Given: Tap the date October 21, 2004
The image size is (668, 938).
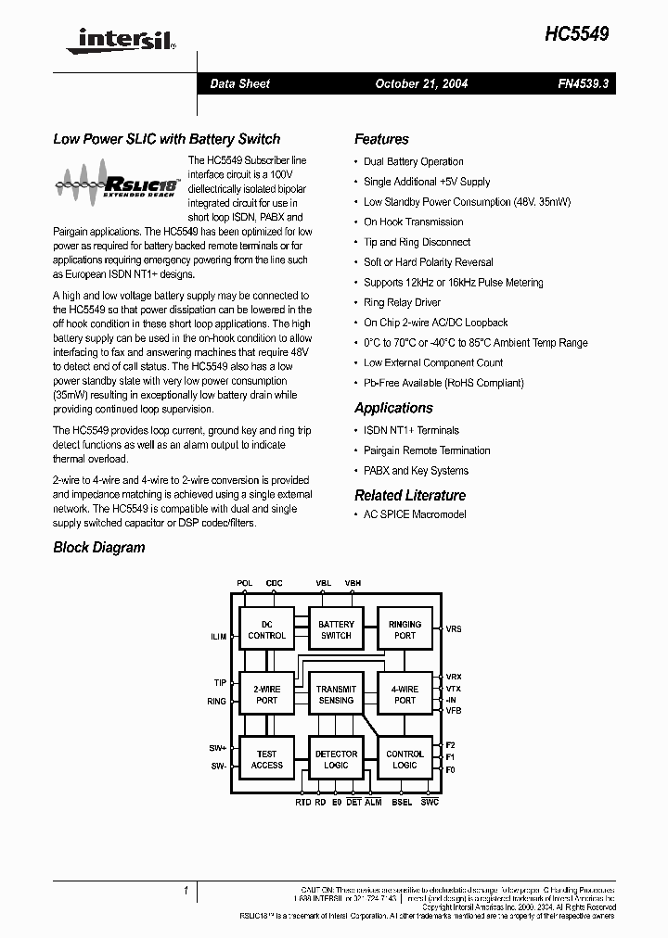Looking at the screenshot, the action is coord(421,83).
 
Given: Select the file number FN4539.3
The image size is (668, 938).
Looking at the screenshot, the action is coord(583,83).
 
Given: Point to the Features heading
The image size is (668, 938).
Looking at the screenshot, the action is coord(381,139).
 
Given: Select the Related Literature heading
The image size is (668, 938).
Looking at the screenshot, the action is coord(410,495).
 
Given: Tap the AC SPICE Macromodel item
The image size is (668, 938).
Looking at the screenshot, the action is coord(415,514).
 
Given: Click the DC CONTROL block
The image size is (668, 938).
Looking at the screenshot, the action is coord(267,630).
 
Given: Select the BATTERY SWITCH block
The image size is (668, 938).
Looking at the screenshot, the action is coord(336,630).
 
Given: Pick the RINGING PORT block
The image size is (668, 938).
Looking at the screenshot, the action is coord(405,630).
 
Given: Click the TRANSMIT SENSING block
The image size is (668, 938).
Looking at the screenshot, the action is coord(336,695).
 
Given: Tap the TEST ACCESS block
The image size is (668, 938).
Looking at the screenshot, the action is coord(267,759).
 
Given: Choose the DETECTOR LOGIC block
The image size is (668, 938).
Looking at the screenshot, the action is coord(336,759).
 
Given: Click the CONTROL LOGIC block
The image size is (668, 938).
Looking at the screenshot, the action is coord(405,759).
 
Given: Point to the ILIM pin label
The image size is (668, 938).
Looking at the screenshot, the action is coord(218,637).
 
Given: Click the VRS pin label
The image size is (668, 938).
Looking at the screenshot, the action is coord(454,629).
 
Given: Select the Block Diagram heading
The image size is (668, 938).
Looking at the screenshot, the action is coord(99,547).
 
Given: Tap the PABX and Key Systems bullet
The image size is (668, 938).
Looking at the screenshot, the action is coord(416,471).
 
